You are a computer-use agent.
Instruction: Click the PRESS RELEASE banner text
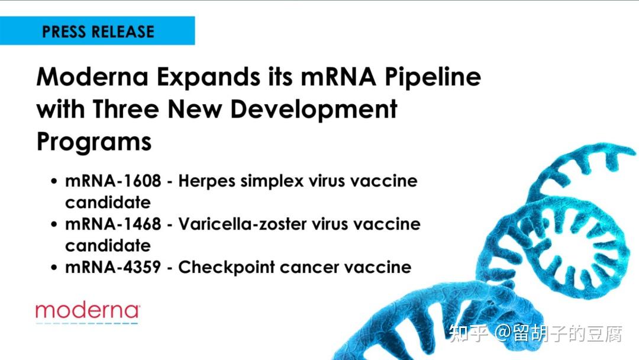(98, 32)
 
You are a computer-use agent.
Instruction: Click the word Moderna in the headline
(92, 76)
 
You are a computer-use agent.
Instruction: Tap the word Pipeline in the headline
(433, 78)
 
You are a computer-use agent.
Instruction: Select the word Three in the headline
(125, 110)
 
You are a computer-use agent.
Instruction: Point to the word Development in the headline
(314, 110)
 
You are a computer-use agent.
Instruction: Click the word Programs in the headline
(94, 143)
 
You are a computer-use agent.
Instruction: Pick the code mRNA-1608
(113, 181)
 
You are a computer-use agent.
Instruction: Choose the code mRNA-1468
(113, 224)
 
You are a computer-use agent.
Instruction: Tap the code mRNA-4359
(113, 268)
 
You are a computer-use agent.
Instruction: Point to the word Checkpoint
(227, 268)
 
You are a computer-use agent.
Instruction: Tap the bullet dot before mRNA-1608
(54, 181)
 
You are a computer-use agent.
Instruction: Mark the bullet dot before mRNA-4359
(54, 268)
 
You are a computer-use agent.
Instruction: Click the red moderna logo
(88, 311)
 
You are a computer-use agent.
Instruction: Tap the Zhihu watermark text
(535, 333)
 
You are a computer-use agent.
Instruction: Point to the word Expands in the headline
(208, 78)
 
